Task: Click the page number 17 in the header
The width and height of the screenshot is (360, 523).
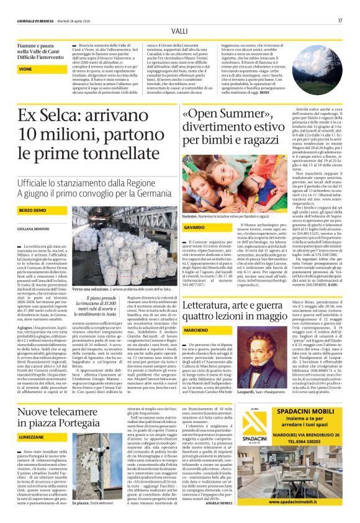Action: pyautogui.click(x=340, y=20)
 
